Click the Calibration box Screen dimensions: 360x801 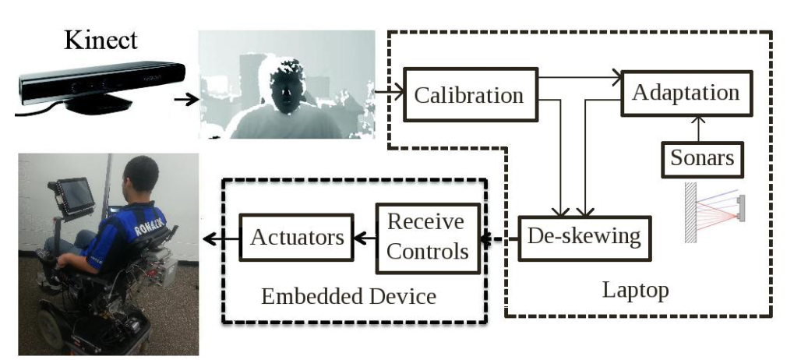[468, 96]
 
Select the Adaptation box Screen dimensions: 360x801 [685, 93]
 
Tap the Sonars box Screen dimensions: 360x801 [702, 158]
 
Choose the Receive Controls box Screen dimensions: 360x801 [426, 237]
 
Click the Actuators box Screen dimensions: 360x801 [297, 236]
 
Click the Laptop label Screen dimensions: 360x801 [635, 291]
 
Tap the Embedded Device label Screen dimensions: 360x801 [348, 296]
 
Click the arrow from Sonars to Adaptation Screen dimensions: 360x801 [699, 127]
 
